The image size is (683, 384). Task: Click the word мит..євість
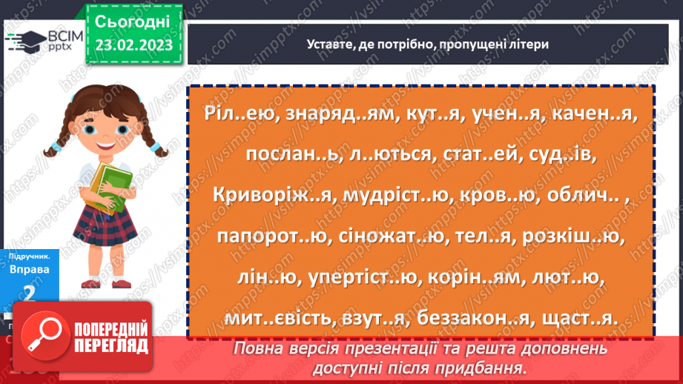tap(274, 317)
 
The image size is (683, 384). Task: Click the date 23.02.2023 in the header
tap(133, 44)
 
